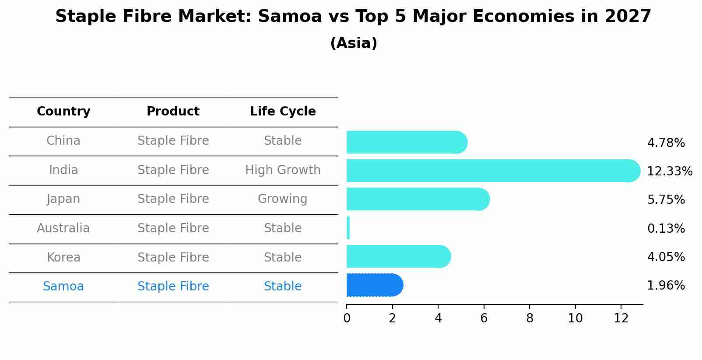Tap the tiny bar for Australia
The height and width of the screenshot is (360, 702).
coord(348,228)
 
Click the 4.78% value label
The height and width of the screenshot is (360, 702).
coord(666,143)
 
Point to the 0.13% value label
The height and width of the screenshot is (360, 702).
coord(666,228)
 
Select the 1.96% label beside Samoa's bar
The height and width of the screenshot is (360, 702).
coord(666,286)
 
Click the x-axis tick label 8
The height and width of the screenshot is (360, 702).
coord(530,318)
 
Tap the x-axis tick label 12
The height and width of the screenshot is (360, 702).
coord(621,318)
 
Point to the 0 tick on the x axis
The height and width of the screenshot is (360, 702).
coord(347,318)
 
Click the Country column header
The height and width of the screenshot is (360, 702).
coord(63,112)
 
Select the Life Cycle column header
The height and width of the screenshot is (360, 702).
coord(283,112)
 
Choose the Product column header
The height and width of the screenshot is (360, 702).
coord(173,112)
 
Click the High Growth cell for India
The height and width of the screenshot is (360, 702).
coord(283,170)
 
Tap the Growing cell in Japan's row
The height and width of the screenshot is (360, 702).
coord(283,199)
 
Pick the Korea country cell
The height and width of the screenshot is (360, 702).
coord(63,257)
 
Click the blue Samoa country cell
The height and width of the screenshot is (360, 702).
coord(63,287)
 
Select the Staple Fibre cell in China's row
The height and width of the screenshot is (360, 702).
coord(173,141)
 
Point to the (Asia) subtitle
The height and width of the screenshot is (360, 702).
coord(354,43)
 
